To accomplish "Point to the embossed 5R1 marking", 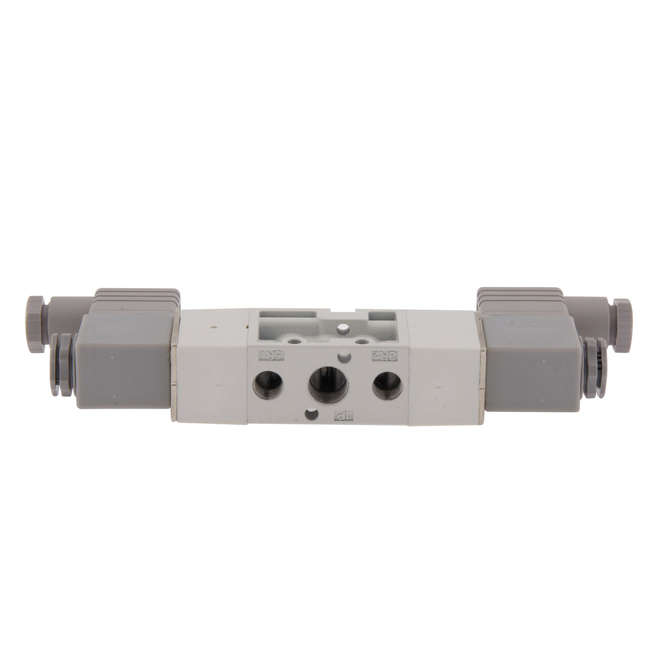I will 267,355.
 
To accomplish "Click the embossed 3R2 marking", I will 384,355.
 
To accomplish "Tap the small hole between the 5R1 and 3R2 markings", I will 342,357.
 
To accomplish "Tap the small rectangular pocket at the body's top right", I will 384,320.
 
